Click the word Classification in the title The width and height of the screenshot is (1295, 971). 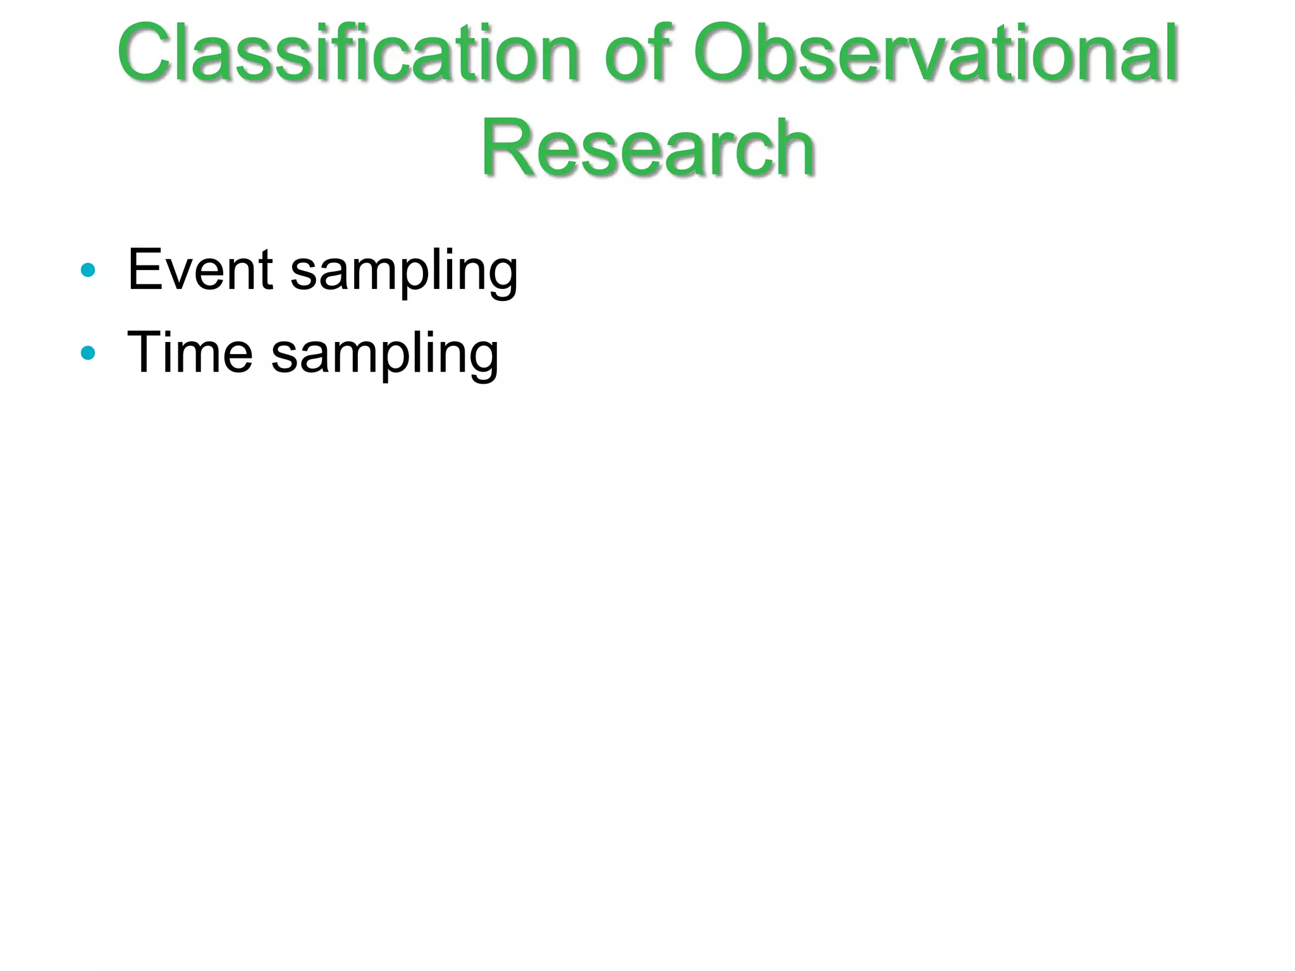tap(348, 53)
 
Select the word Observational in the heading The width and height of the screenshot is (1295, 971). tap(936, 53)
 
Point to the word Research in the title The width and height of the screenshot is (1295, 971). tap(647, 149)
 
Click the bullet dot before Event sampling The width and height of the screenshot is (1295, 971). tap(88, 271)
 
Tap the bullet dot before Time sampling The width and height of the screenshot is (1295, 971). tap(88, 353)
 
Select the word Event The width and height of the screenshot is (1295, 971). tap(200, 271)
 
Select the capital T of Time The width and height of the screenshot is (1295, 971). tap(145, 353)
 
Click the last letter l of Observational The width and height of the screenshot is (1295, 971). tap(1172, 53)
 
